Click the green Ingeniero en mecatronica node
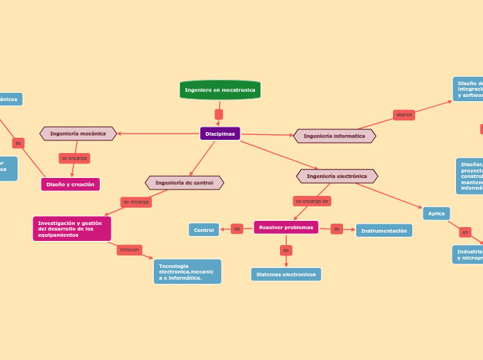[x=220, y=90]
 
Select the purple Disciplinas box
[x=220, y=134]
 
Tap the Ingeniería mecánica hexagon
[x=78, y=133]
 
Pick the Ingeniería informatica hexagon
[x=335, y=136]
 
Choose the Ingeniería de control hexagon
[x=184, y=183]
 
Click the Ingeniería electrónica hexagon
[x=337, y=176]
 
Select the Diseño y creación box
[x=71, y=184]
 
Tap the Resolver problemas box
[x=286, y=227]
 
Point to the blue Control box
[x=204, y=230]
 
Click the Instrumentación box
[x=384, y=231]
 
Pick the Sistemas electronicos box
[x=286, y=274]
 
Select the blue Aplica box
[x=437, y=213]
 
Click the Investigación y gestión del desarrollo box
[x=72, y=228]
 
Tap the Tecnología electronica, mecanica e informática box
[x=187, y=271]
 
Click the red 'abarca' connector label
[x=404, y=115]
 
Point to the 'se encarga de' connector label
[x=312, y=201]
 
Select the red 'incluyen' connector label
[x=130, y=249]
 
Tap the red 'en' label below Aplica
[x=466, y=233]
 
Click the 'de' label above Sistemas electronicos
[x=286, y=250]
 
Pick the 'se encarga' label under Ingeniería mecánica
[x=74, y=159]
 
